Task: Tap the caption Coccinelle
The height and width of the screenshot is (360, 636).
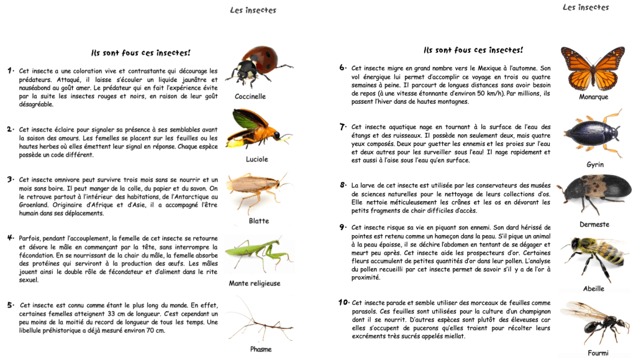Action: coord(250,97)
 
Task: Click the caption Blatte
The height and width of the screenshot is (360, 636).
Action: coord(258,221)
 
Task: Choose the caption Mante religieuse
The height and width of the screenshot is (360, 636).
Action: coord(254,284)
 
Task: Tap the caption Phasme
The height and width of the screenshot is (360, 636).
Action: coord(261,349)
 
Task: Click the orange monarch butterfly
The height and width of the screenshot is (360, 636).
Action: coord(593,67)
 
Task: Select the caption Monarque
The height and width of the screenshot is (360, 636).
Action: coord(593,97)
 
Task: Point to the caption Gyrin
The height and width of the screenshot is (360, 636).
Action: coord(595,164)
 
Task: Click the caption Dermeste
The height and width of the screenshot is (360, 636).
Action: coord(594,224)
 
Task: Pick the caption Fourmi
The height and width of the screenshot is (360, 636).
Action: coord(597,353)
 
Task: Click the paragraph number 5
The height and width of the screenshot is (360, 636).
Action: coord(11,305)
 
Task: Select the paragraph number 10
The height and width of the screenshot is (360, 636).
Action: coord(343,302)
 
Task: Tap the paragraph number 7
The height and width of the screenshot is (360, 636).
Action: coord(343,127)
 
